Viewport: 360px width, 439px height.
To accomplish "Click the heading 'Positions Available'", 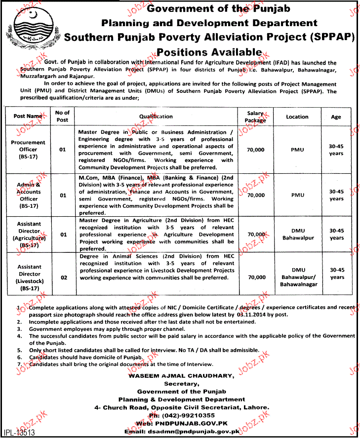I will pyautogui.click(x=209, y=52).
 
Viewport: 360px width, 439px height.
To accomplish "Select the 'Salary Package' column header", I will pyautogui.click(x=256, y=117).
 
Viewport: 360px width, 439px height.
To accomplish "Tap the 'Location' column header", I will pyautogui.click(x=297, y=117).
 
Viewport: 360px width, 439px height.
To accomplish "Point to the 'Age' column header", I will pyautogui.click(x=336, y=117).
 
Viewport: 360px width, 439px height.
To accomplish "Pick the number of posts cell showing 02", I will pyautogui.click(x=63, y=278).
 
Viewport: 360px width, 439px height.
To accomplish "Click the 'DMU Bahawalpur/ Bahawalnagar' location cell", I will pyautogui.click(x=298, y=277).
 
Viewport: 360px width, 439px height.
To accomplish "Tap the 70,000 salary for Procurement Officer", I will pyautogui.click(x=256, y=149).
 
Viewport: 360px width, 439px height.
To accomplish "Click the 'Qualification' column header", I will pyautogui.click(x=156, y=117).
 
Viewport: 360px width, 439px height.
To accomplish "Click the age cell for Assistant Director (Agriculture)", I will pyautogui.click(x=336, y=234).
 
